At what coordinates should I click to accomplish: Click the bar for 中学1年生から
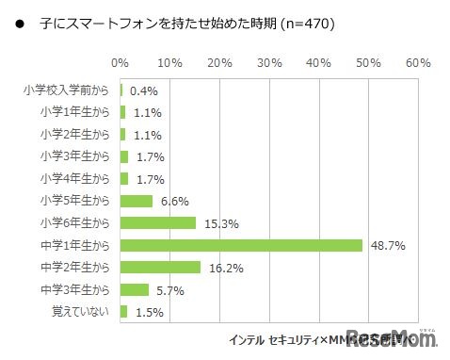coord(242,245)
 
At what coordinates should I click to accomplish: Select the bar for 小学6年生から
coord(158,223)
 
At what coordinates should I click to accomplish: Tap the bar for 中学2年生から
coord(161,268)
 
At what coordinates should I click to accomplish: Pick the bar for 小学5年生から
coord(137,201)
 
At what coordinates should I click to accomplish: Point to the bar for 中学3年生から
coord(135,289)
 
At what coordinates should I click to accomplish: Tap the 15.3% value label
coord(218,223)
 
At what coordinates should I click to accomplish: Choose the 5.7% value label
coord(170,289)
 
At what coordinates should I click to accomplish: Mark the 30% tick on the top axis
coord(269,63)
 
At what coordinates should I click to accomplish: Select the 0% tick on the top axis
coord(121,63)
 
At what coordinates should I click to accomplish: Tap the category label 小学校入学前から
coord(67,91)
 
